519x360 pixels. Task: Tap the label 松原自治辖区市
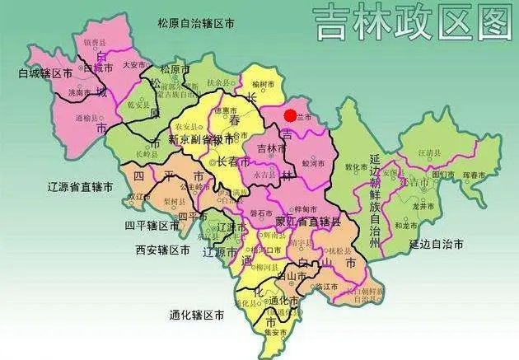(x=195, y=24)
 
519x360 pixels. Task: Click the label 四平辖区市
(x=152, y=225)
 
